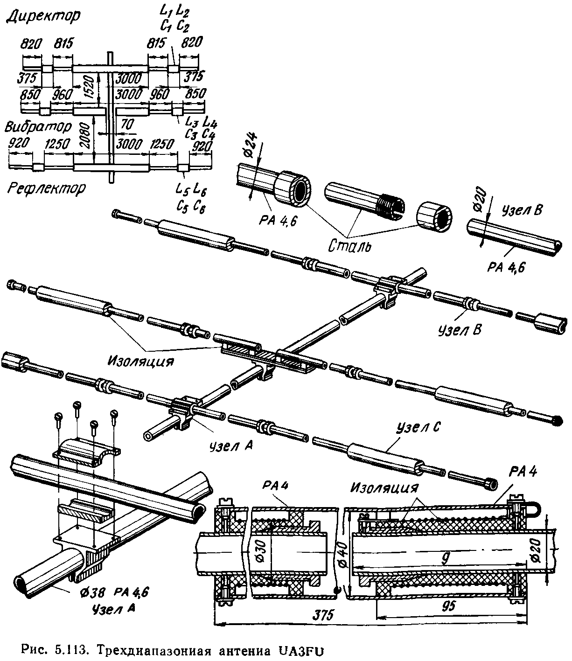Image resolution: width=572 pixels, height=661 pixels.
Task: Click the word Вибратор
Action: (x=39, y=127)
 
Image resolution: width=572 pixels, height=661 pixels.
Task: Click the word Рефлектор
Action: (x=47, y=188)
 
